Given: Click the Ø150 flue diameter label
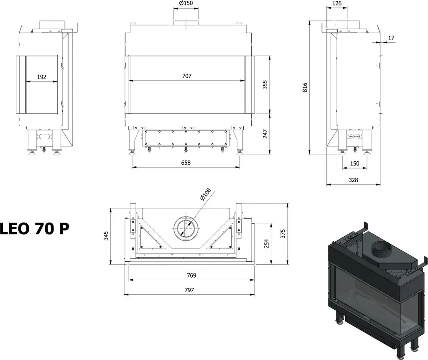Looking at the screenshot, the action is (x=186, y=3).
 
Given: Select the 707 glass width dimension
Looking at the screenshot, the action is (x=187, y=76).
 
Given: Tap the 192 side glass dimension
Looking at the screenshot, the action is (x=41, y=77).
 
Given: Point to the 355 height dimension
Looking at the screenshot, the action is (x=265, y=84).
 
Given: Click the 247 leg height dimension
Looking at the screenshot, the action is (x=265, y=134).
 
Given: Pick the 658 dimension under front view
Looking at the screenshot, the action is (x=186, y=163).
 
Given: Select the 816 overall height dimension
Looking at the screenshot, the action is (x=305, y=87).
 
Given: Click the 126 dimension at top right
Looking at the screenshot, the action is (x=337, y=3).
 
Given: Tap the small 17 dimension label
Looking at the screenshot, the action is (x=391, y=38).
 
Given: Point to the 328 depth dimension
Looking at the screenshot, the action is (x=353, y=180).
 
